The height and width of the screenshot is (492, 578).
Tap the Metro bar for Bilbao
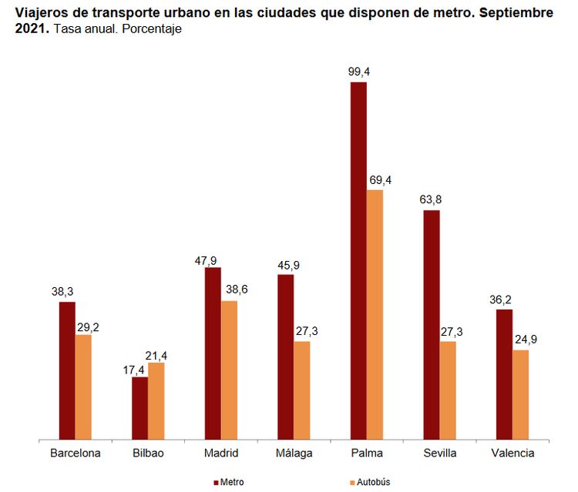[x=139, y=408]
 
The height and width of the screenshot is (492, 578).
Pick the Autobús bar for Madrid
[x=229, y=370]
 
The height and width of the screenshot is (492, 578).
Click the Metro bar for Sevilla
[x=432, y=324]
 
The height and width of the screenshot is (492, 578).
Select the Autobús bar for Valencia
[x=520, y=394]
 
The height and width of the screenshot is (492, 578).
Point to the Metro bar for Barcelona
[x=67, y=370]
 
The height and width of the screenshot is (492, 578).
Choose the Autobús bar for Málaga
[x=302, y=390]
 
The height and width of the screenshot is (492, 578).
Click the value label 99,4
[x=358, y=72]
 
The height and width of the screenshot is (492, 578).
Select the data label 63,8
[x=432, y=200]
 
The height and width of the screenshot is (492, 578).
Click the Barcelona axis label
[x=75, y=454]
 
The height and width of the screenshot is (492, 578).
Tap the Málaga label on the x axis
[x=294, y=454]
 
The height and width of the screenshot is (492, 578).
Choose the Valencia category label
[x=512, y=454]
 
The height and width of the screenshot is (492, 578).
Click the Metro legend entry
[x=229, y=482]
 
